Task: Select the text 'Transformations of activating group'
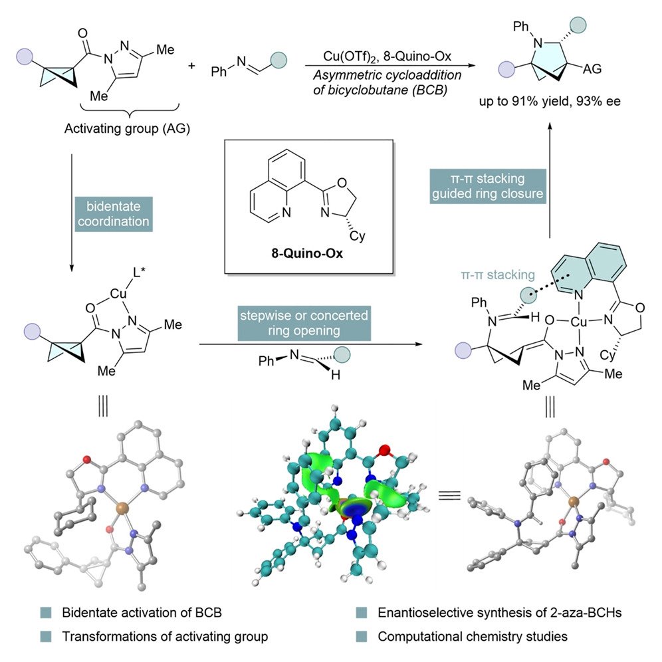[165, 636]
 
